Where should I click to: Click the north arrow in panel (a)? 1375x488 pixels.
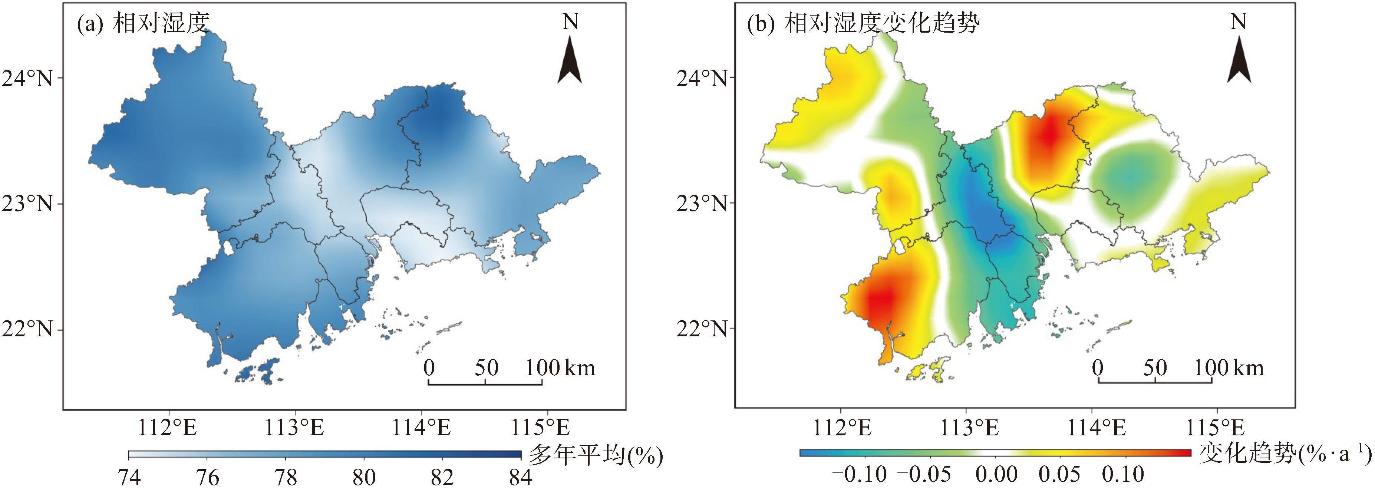pyautogui.click(x=570, y=59)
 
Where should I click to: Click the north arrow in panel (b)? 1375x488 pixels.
pyautogui.click(x=1239, y=59)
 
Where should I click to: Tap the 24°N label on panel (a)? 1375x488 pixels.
pyautogui.click(x=28, y=79)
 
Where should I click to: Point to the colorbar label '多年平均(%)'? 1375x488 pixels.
pyautogui.click(x=595, y=455)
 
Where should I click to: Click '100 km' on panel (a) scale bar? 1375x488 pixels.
pyautogui.click(x=560, y=368)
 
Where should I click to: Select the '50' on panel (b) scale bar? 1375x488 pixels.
pyautogui.click(x=1155, y=368)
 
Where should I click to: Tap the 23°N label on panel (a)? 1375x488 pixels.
pyautogui.click(x=28, y=204)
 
